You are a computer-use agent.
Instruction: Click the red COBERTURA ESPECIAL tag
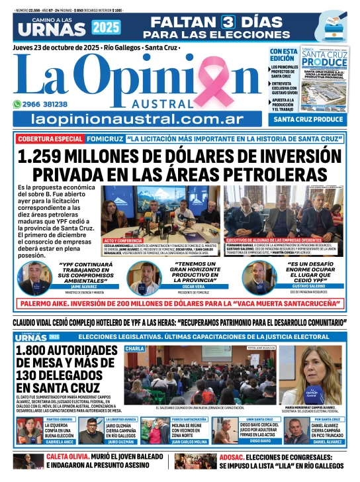tap(50, 140)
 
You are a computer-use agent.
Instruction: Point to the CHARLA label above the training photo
tap(134, 348)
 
